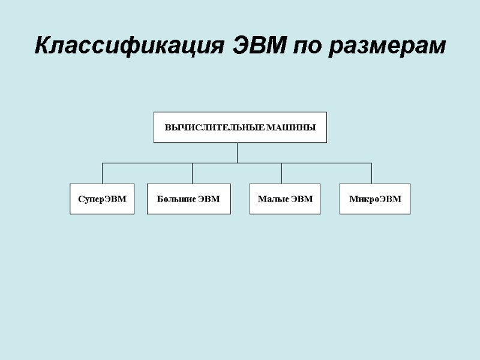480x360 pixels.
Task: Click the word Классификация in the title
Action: pyautogui.click(x=130, y=46)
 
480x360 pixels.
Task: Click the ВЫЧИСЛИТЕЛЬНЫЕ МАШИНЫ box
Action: pyautogui.click(x=240, y=127)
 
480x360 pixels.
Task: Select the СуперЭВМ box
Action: pyautogui.click(x=102, y=199)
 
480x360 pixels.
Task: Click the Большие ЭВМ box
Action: pyautogui.click(x=188, y=199)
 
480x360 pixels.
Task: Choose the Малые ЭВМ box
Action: pyautogui.click(x=285, y=199)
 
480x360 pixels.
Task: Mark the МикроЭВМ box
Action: pyautogui.click(x=375, y=199)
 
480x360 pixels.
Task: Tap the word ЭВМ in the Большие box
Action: pyautogui.click(x=209, y=199)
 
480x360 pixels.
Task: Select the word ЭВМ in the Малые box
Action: pyautogui.click(x=302, y=199)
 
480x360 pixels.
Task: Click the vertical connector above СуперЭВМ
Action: pyautogui.click(x=102, y=173)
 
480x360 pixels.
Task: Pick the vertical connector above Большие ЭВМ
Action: pyautogui.click(x=193, y=173)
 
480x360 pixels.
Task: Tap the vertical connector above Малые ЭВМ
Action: pyautogui.click(x=282, y=173)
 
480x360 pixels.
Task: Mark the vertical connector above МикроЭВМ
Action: pyautogui.click(x=371, y=173)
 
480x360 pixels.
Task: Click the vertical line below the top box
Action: pyautogui.click(x=238, y=152)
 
